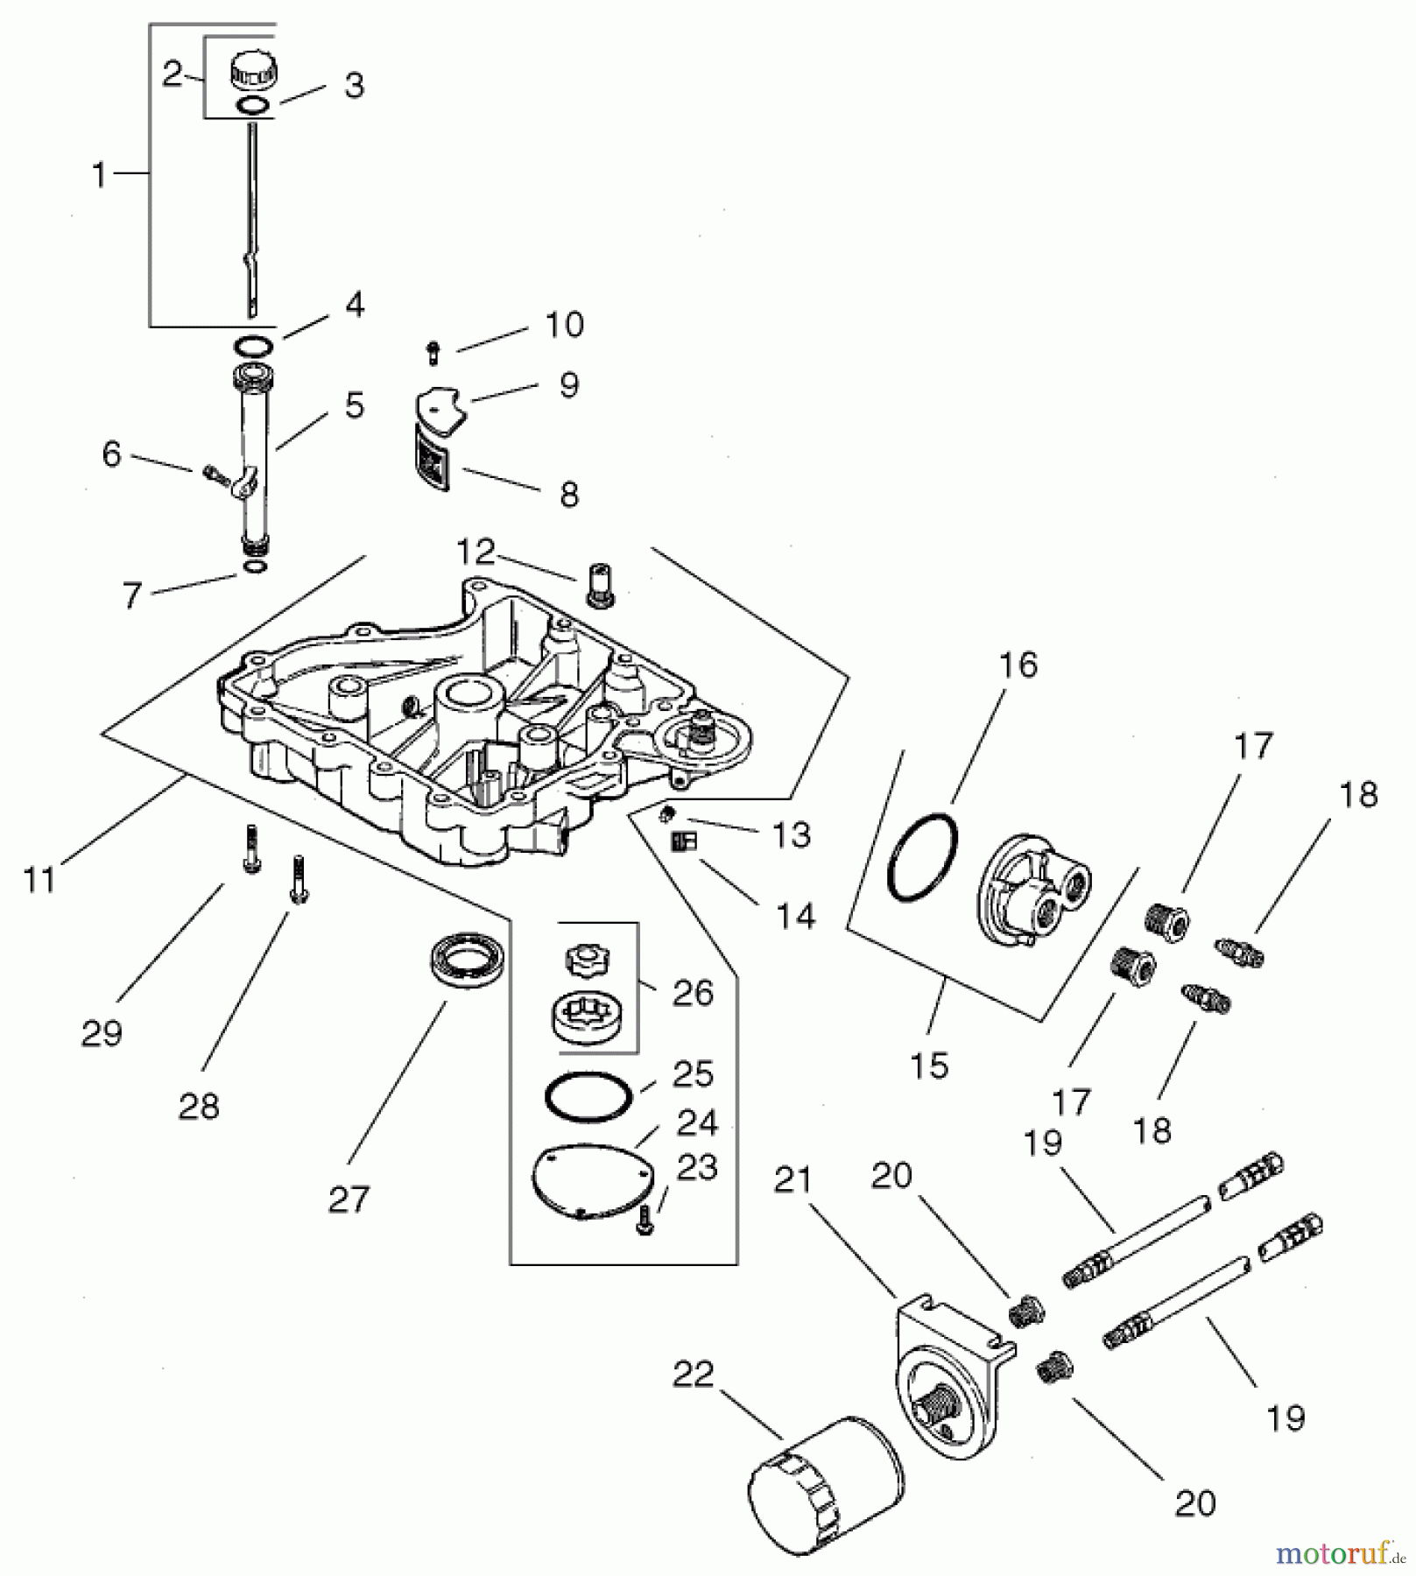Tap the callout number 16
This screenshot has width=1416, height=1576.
click(1018, 665)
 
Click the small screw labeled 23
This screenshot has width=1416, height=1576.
click(645, 1220)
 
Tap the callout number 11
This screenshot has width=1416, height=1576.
click(39, 879)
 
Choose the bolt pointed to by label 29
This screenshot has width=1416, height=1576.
click(250, 849)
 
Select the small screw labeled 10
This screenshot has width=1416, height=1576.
click(433, 354)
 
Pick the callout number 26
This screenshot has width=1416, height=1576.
click(693, 993)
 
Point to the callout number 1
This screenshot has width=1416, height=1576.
click(100, 175)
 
